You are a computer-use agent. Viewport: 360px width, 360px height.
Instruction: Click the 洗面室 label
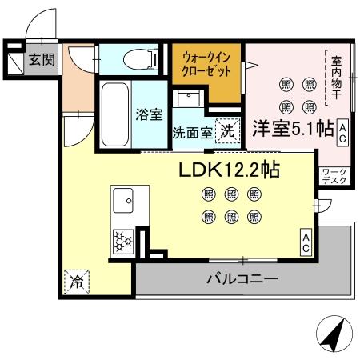tap(193, 133)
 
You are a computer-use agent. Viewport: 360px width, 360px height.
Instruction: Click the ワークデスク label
tap(334, 176)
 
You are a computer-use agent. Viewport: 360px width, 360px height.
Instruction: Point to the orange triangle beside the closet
tap(248, 65)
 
